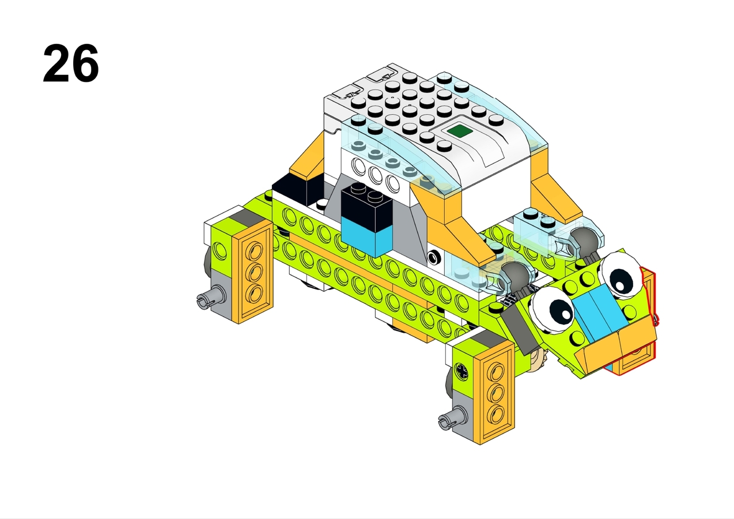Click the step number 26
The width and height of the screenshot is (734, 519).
pyautogui.click(x=71, y=63)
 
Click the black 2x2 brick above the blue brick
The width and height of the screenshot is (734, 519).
pyautogui.click(x=366, y=202)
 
